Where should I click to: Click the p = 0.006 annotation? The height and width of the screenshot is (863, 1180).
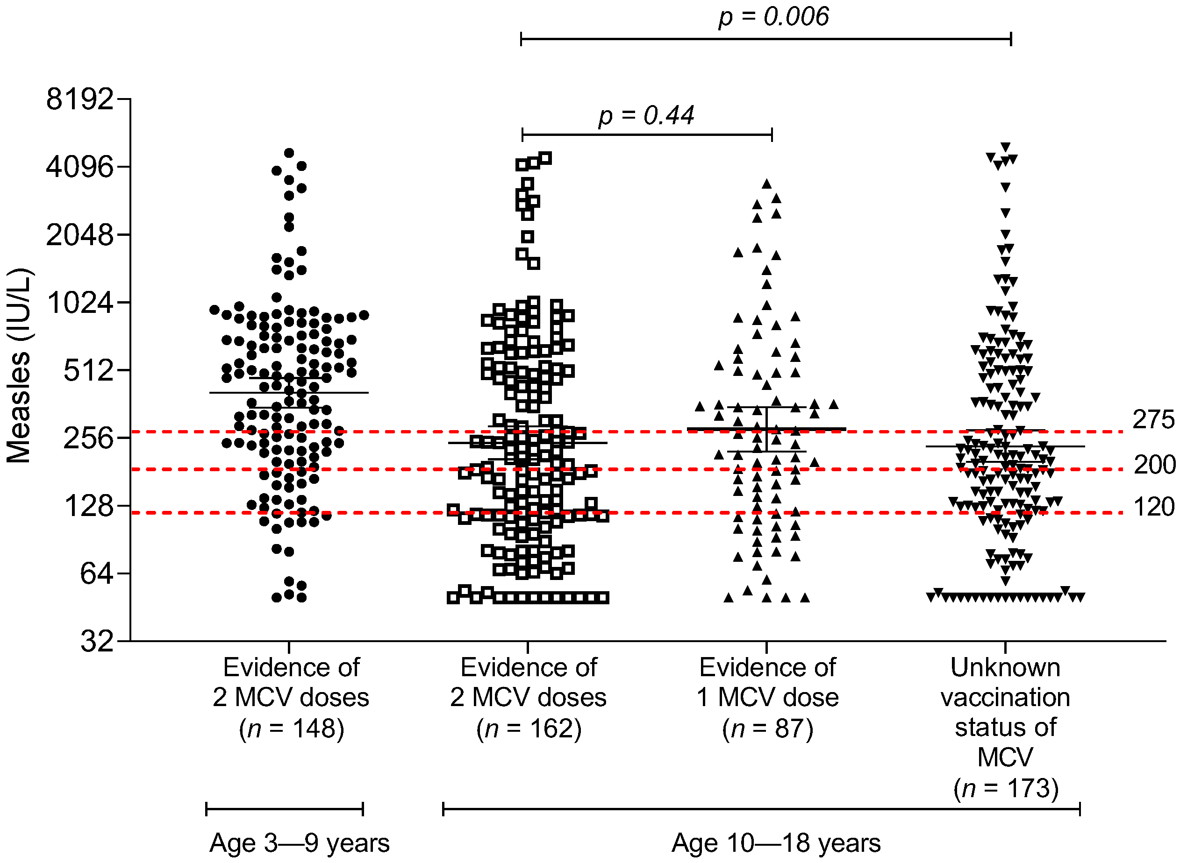[x=773, y=17]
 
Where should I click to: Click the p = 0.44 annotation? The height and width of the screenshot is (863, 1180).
[x=646, y=115]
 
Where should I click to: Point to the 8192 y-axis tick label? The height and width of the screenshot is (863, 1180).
[x=79, y=99]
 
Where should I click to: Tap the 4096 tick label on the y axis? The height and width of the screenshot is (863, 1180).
[x=79, y=167]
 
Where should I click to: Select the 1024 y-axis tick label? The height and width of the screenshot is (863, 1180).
[x=79, y=303]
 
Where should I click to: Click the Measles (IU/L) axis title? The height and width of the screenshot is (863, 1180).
[x=19, y=366]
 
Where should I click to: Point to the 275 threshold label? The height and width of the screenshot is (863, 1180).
[x=1153, y=419]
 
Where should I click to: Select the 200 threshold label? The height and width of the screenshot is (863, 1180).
[x=1154, y=464]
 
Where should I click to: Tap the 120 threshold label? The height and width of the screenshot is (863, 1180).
[x=1153, y=507]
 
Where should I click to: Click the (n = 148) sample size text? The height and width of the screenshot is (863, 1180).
[x=291, y=728]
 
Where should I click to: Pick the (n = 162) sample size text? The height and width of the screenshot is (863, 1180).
[x=529, y=728]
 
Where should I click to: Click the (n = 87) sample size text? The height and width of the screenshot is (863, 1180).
[x=767, y=728]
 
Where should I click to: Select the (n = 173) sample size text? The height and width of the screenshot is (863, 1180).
[x=1005, y=788]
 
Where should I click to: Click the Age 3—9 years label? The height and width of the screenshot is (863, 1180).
[x=300, y=842]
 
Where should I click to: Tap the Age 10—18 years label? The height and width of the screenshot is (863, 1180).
[x=776, y=842]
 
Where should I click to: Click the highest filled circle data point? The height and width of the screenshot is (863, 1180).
[x=289, y=153]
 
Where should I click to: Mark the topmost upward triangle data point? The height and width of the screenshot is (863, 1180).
[x=767, y=184]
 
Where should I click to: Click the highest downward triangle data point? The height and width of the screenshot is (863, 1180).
[x=1005, y=147]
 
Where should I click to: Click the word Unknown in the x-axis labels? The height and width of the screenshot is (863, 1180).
[x=1005, y=668]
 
